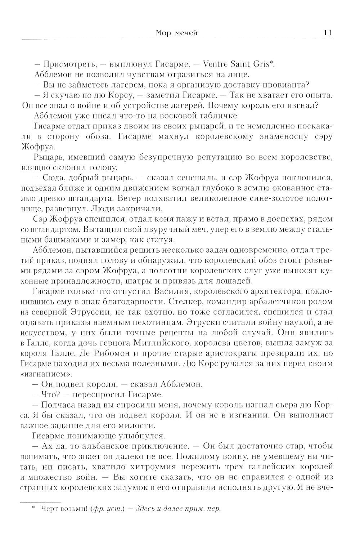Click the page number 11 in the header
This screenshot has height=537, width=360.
328,33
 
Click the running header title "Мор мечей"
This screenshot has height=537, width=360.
177,33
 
